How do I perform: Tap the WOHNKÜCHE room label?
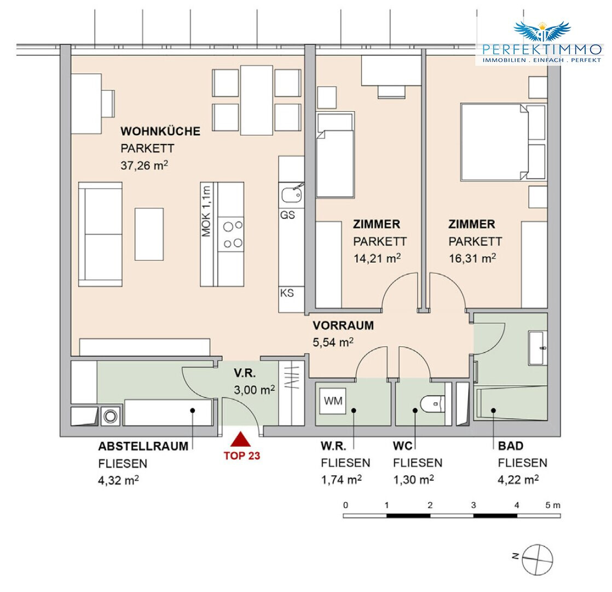point(160,132)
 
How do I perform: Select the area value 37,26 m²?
point(144,165)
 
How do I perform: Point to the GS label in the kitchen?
point(287,215)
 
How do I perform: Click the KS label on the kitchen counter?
point(287,293)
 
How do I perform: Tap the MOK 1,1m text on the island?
point(206,211)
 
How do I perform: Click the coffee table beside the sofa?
point(149,234)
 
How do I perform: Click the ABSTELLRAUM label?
point(143,446)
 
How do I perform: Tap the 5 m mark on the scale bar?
point(556,505)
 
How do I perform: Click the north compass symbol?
point(538,560)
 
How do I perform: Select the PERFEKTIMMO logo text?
point(542,49)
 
